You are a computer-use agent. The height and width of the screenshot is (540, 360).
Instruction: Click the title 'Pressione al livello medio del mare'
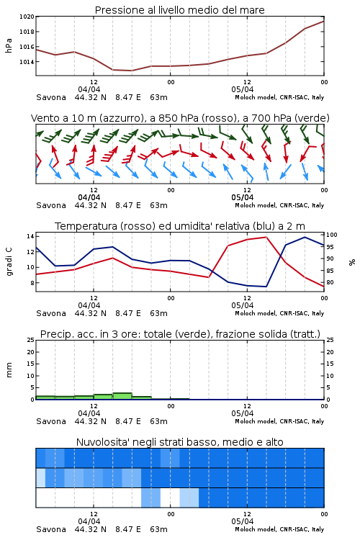click(x=179, y=10)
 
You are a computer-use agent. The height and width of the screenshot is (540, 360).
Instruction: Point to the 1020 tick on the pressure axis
click(x=27, y=17)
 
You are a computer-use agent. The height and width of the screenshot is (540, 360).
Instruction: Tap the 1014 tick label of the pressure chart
click(x=27, y=62)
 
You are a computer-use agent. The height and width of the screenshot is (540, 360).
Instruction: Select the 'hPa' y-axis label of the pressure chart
click(x=9, y=45)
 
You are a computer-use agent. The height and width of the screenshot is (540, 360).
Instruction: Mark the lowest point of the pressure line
click(x=131, y=71)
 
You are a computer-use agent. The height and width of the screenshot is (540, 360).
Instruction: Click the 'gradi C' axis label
click(x=9, y=262)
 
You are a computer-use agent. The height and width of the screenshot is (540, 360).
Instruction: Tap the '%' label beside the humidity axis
click(x=352, y=262)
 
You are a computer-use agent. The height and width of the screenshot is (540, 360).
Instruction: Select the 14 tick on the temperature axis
click(x=30, y=236)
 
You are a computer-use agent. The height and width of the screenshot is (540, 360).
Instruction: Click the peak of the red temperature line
click(x=266, y=237)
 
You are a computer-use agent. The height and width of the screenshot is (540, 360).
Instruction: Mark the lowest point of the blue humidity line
click(x=266, y=287)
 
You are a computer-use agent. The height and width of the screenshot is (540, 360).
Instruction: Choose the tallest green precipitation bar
click(x=122, y=396)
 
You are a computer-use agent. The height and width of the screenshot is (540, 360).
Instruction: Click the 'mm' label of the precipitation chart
click(x=9, y=370)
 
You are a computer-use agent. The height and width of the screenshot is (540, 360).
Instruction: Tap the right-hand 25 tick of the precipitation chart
click(x=330, y=340)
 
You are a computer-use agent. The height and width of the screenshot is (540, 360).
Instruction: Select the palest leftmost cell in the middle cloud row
click(x=40, y=477)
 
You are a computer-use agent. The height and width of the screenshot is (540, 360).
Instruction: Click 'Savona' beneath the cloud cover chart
click(x=51, y=529)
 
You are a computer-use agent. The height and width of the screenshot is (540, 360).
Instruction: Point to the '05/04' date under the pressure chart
click(x=243, y=89)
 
